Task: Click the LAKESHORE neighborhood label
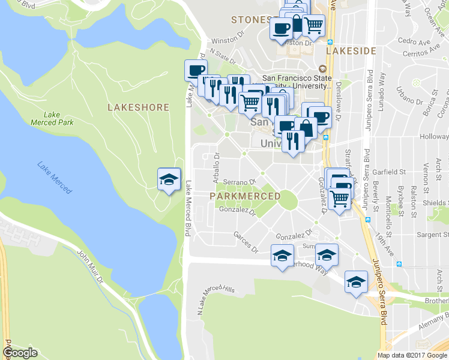pyautogui.click(x=138, y=107)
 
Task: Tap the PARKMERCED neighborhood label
pyautogui.click(x=246, y=196)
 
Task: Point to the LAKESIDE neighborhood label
pyautogui.click(x=351, y=51)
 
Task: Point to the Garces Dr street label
pyautogui.click(x=246, y=242)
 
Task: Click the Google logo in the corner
pyautogui.click(x=20, y=353)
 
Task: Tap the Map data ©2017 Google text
pyautogui.click(x=412, y=355)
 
